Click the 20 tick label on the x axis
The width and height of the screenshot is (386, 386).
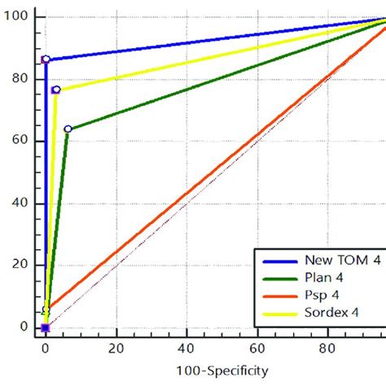116,346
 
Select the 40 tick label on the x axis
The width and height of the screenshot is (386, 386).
187,346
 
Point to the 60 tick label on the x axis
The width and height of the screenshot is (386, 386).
258,346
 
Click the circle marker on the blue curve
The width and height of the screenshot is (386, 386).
46,59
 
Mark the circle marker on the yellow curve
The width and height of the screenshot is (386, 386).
56,90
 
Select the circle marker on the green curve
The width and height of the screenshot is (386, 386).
68,129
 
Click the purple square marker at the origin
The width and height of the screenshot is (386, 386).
46,327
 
